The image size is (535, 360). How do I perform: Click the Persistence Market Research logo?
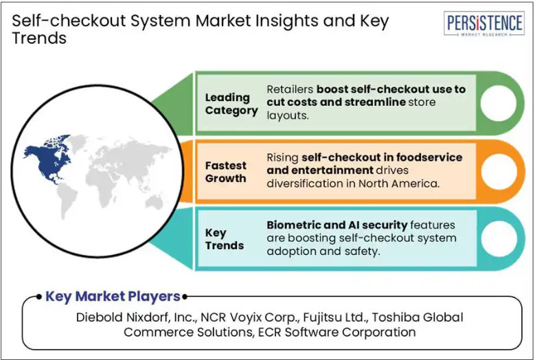point(484,23)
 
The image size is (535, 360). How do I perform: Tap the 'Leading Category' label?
point(231,104)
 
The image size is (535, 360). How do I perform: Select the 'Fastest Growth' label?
point(225,172)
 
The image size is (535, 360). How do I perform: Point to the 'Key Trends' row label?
point(224,239)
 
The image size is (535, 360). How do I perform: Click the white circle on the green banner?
point(499,103)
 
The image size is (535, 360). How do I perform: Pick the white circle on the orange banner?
point(499,171)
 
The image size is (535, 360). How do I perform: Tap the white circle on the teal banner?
point(499,239)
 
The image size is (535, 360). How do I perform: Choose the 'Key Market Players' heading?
point(113,296)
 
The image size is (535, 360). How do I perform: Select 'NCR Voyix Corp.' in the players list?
point(250,317)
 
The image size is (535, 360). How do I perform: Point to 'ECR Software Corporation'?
point(337,332)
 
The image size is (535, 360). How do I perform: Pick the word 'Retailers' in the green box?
point(290,89)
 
